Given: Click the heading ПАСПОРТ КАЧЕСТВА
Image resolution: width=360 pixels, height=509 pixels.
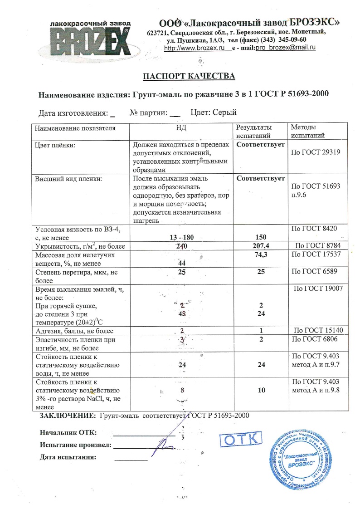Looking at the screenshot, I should [189, 76].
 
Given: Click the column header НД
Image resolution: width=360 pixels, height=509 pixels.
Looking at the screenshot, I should [181, 128].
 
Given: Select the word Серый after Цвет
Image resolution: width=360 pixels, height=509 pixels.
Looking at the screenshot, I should [224, 113].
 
